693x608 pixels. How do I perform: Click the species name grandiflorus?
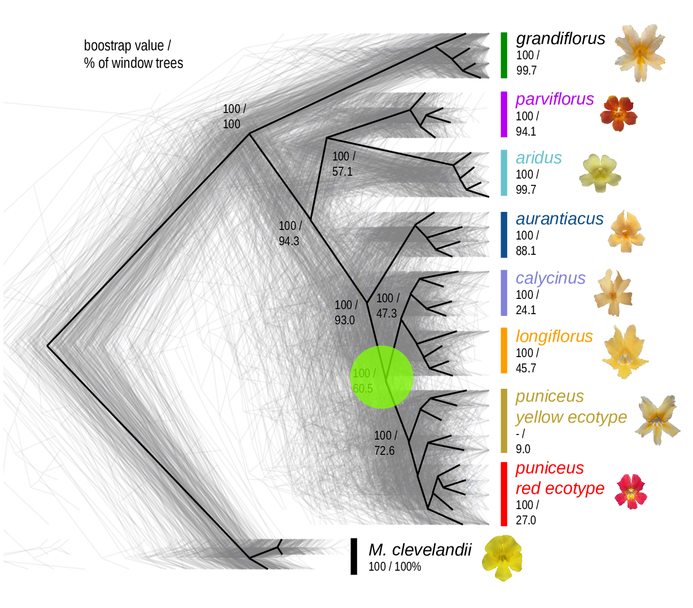tap(560, 38)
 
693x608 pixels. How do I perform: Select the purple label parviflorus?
tap(555, 99)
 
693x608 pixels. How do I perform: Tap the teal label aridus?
tap(539, 158)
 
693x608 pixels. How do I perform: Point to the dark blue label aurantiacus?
tap(559, 219)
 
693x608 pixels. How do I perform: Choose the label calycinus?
tap(550, 278)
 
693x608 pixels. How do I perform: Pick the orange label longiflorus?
tap(554, 336)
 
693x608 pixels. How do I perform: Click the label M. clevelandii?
tap(420, 550)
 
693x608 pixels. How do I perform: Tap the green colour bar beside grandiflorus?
tap(504, 55)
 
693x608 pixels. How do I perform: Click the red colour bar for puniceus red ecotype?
tap(504, 494)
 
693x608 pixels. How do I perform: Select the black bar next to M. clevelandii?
tap(354, 556)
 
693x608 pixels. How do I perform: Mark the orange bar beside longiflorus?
tap(504, 351)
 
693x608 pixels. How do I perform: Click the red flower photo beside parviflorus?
tap(619, 112)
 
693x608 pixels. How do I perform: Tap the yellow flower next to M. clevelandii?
tap(502, 557)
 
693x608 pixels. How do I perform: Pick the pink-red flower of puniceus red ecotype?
tap(631, 491)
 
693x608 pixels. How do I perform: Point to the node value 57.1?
tap(342, 171)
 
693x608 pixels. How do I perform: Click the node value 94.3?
tap(289, 241)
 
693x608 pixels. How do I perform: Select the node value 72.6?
tap(384, 451)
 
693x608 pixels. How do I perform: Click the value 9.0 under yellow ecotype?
tap(523, 449)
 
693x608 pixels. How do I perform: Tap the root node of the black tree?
tap(48, 345)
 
